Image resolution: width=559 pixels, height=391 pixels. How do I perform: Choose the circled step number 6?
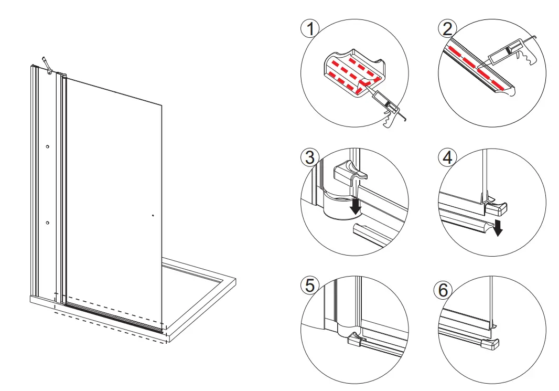click(x=444, y=290)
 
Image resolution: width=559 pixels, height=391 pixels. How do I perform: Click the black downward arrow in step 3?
click(x=356, y=205)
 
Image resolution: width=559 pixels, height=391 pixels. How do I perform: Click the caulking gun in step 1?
click(x=387, y=107)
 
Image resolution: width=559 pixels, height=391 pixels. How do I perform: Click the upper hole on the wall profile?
click(x=47, y=147)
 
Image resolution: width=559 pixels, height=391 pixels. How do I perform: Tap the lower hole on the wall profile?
click(x=47, y=223)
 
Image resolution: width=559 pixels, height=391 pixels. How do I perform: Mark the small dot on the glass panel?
click(x=152, y=215)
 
